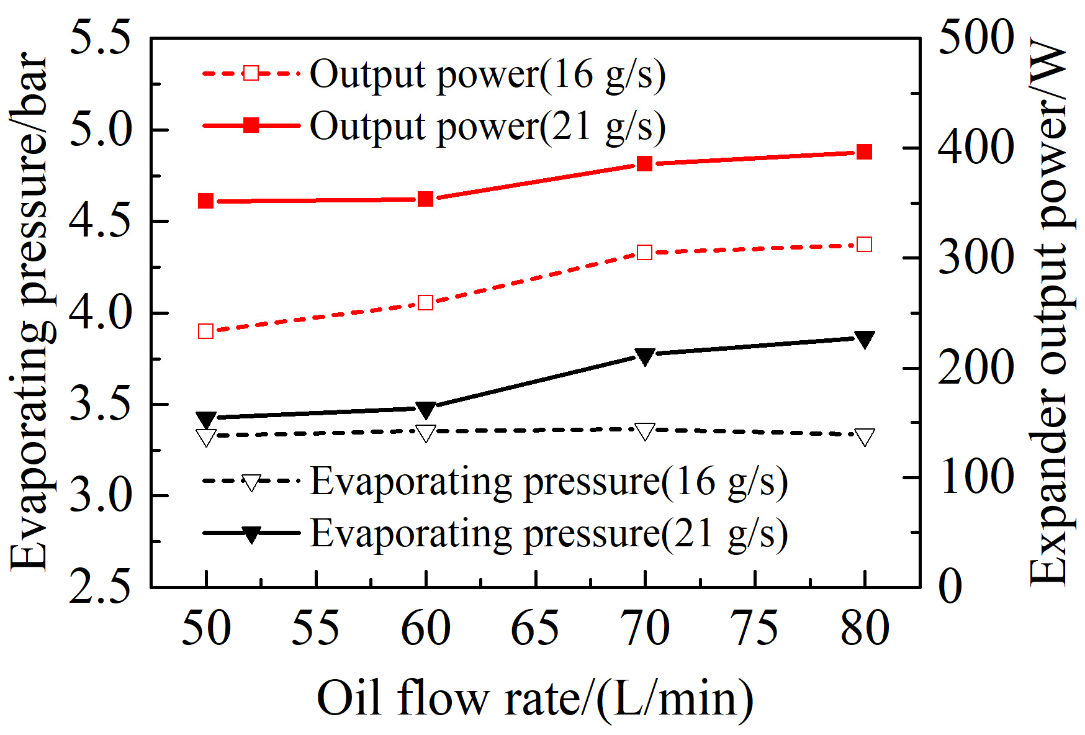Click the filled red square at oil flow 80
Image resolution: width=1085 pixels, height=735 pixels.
click(x=865, y=152)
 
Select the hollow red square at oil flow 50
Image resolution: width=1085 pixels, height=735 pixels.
click(x=206, y=331)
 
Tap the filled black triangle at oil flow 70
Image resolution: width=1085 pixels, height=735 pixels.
click(x=645, y=356)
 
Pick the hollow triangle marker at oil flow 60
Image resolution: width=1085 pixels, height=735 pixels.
click(x=426, y=433)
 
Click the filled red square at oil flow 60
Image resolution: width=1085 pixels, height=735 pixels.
click(x=426, y=199)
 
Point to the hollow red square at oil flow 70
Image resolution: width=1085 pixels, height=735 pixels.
click(x=645, y=253)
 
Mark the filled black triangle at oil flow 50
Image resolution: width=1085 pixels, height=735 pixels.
click(x=206, y=420)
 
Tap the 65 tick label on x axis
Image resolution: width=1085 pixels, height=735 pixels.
click(x=535, y=628)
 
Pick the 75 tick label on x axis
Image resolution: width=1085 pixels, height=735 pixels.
click(x=754, y=628)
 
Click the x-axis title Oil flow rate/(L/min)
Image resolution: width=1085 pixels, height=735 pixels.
click(x=535, y=698)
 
